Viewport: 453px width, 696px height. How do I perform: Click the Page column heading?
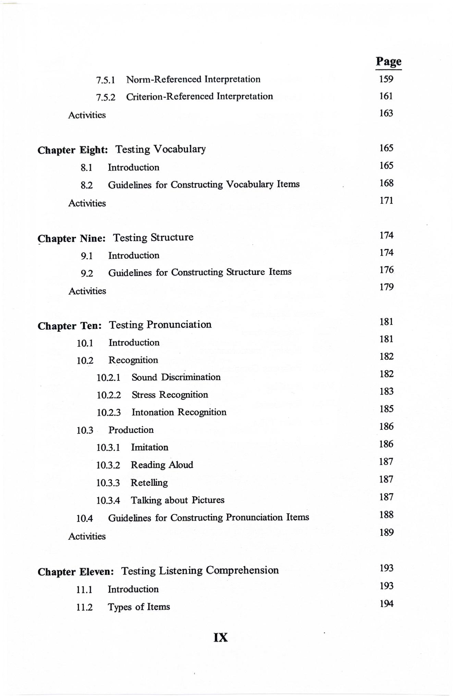tap(388, 61)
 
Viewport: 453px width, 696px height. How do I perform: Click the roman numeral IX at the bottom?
tap(220, 638)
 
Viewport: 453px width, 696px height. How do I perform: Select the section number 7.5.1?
tap(105, 80)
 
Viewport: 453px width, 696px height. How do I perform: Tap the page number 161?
tap(386, 96)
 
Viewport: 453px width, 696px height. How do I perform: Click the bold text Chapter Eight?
tap(73, 150)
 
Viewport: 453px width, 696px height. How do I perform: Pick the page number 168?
tap(386, 183)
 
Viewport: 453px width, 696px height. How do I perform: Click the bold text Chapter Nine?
tap(72, 239)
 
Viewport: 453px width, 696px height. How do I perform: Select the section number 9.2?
tap(87, 274)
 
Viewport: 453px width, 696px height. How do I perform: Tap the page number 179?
tap(386, 287)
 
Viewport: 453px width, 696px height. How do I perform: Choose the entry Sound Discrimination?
tap(176, 377)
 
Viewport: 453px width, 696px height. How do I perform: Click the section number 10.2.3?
tap(109, 413)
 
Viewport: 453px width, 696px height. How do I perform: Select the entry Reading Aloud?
tap(162, 465)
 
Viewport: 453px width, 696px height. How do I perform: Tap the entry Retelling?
tap(149, 483)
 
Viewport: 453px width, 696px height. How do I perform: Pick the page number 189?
tap(386, 533)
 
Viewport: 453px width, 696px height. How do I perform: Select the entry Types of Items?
tap(139, 607)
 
